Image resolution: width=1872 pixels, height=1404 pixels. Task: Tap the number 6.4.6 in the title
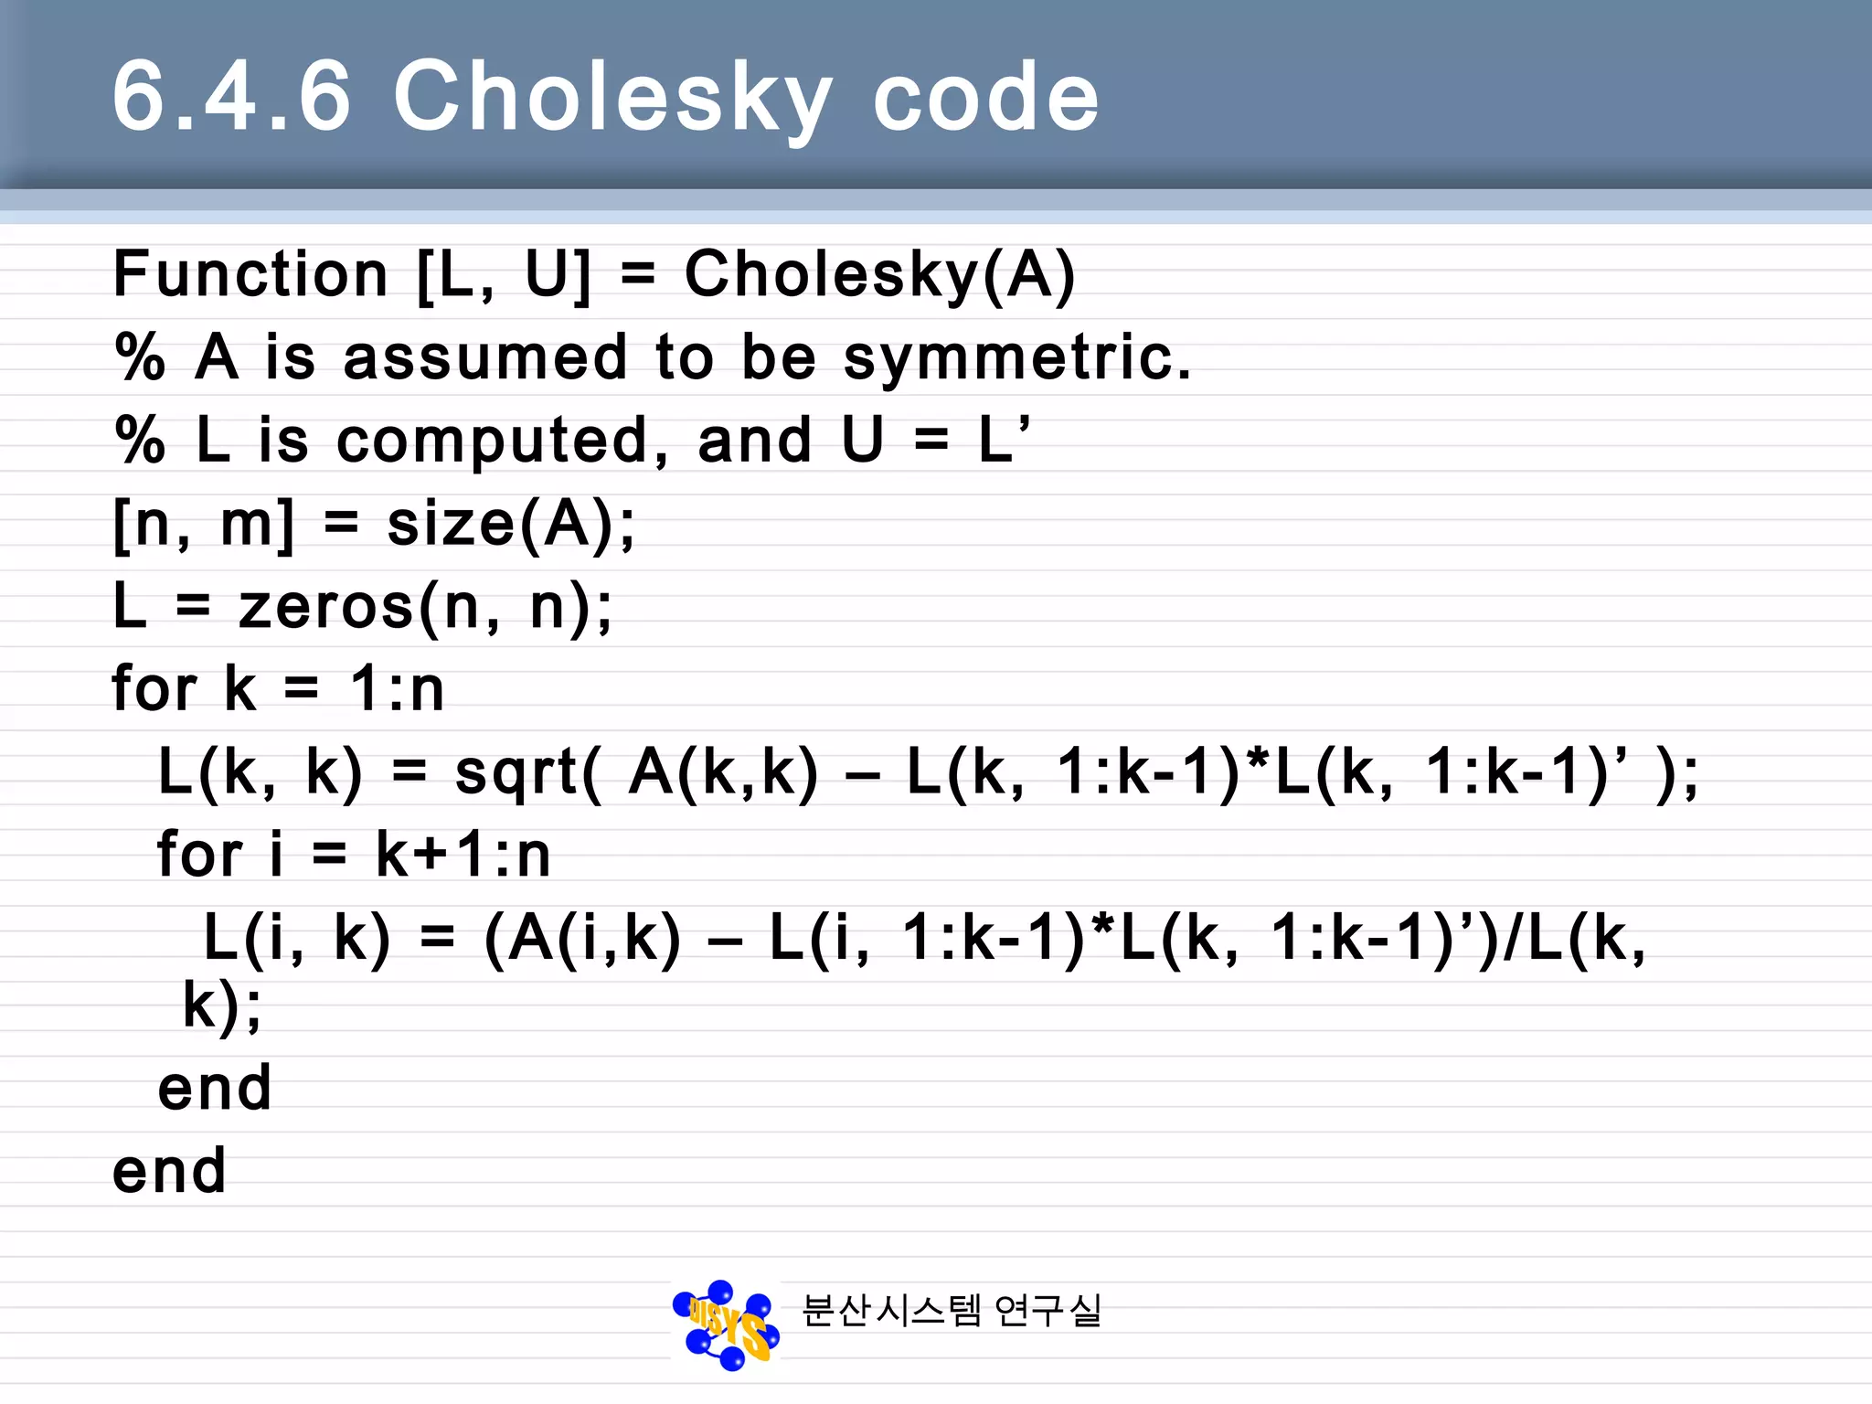click(x=231, y=96)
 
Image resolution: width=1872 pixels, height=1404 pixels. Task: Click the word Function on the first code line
click(x=250, y=274)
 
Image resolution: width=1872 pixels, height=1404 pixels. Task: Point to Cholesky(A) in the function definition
click(x=879, y=274)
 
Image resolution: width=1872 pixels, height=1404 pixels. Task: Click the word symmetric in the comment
click(x=1016, y=358)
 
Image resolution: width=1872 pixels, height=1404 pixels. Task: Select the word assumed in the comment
click(x=484, y=356)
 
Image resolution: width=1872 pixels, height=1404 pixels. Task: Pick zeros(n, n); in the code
click(x=425, y=608)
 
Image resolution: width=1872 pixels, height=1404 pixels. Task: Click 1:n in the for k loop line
click(x=398, y=688)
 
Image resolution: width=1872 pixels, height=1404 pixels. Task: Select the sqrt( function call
click(x=528, y=773)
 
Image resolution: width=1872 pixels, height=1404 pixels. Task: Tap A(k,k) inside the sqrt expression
click(x=723, y=772)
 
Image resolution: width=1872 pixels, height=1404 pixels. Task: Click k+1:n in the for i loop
click(x=463, y=856)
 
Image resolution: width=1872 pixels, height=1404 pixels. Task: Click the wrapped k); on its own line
click(x=222, y=1006)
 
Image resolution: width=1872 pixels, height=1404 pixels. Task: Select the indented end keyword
click(x=215, y=1088)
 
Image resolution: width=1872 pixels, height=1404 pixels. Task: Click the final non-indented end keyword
click(x=169, y=1171)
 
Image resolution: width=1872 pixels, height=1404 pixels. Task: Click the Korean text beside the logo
click(x=951, y=1311)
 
